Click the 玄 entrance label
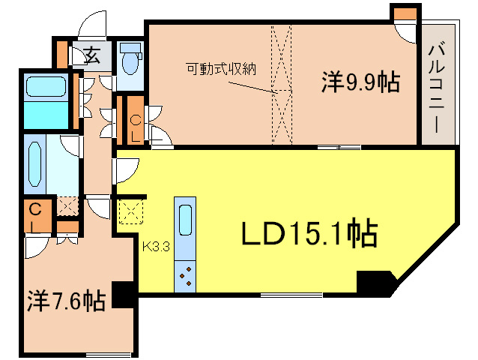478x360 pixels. [92, 54]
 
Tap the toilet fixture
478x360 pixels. [131, 59]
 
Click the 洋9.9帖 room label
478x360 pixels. [360, 82]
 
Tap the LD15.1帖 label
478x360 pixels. [308, 235]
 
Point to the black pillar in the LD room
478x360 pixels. [375, 283]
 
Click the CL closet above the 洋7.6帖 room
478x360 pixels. [36, 217]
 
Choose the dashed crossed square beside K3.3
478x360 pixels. [130, 211]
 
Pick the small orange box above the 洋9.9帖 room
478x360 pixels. [404, 13]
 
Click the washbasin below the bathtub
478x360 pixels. [36, 164]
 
